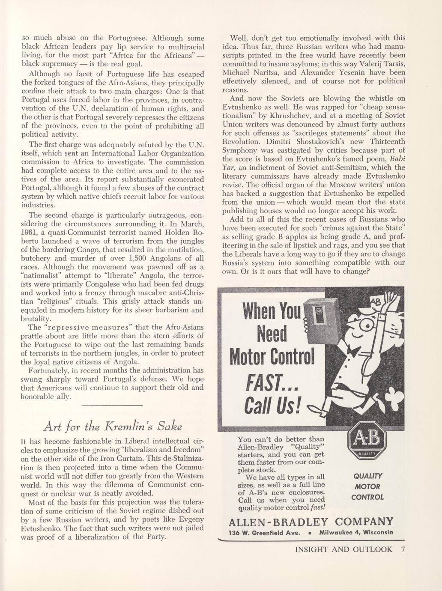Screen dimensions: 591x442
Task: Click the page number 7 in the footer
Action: pos(403,550)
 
